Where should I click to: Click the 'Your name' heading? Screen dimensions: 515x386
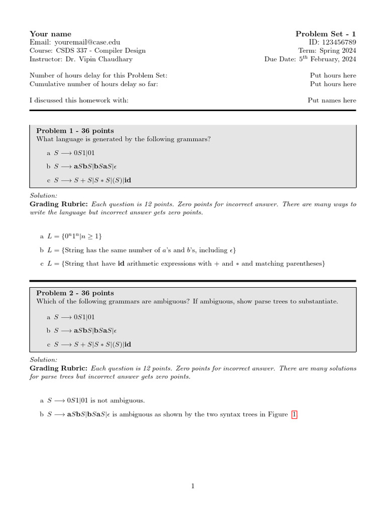(x=50, y=34)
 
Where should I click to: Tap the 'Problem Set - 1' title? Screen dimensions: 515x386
(x=326, y=34)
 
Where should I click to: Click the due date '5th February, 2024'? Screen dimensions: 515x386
(x=328, y=59)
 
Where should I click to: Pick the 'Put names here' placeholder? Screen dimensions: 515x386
(x=332, y=100)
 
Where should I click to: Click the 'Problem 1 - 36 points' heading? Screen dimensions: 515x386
(x=75, y=131)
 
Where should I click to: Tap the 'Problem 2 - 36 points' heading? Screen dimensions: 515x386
(x=75, y=293)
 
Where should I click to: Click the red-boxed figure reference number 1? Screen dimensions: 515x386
(x=295, y=414)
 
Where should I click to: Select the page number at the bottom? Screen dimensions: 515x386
(x=192, y=486)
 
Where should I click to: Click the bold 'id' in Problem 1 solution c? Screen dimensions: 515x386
(x=121, y=264)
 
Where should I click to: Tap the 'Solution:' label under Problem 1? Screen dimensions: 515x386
(x=44, y=195)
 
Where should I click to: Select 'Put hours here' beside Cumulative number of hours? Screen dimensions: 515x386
(x=333, y=84)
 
